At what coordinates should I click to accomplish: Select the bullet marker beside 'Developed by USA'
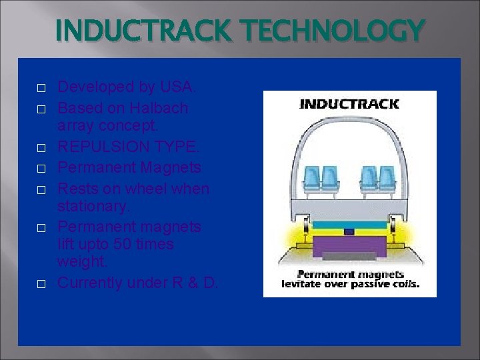41,88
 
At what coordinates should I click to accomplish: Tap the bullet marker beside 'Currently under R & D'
41,284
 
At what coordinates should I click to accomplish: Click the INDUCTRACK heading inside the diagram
349,104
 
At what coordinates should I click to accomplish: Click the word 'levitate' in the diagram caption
303,283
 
